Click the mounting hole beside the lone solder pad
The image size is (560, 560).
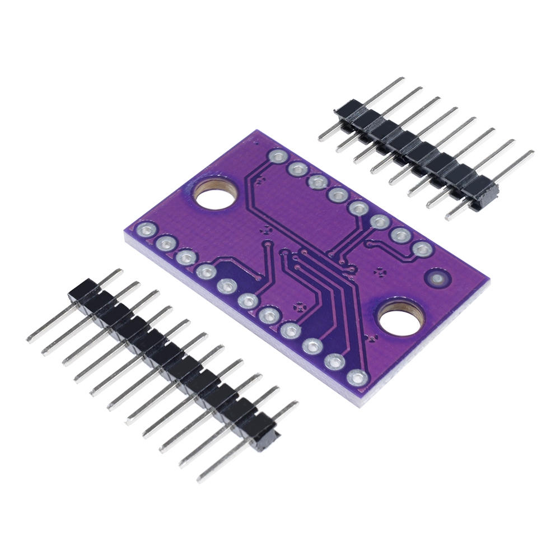click(402, 319)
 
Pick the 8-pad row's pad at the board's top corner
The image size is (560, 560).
click(278, 156)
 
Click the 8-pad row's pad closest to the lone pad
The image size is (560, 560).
click(421, 248)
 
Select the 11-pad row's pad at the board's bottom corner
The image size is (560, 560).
click(355, 377)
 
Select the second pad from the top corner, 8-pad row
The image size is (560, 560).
click(297, 167)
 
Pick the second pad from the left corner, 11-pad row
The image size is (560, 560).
click(165, 243)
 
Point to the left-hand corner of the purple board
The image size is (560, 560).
click(124, 235)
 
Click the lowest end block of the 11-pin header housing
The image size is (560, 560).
click(264, 438)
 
